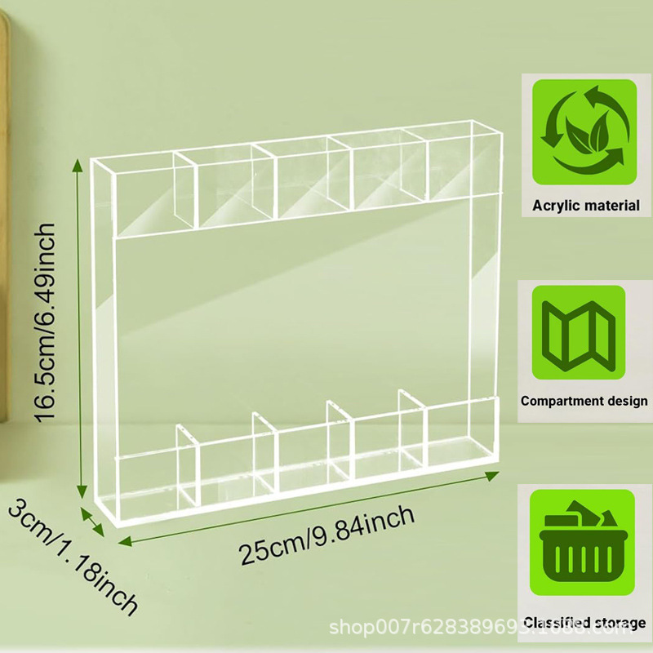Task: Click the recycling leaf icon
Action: pyautogui.click(x=584, y=131)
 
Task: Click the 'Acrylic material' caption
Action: pyautogui.click(x=585, y=205)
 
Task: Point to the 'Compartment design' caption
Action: pyautogui.click(x=584, y=401)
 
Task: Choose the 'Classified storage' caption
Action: pyautogui.click(x=584, y=623)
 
